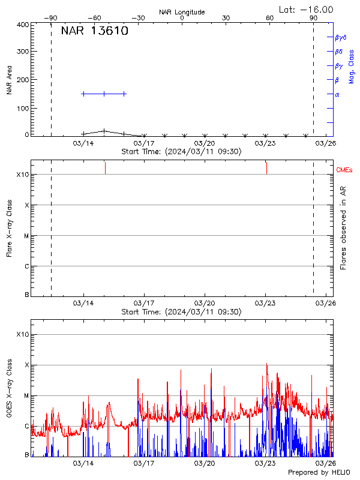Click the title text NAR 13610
(94, 32)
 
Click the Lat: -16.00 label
(307, 10)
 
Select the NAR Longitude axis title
(182, 12)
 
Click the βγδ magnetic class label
(340, 37)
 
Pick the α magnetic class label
(337, 94)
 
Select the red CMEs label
(344, 170)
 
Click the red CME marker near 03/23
(266, 167)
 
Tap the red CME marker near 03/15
(105, 167)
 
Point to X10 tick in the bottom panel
(22, 334)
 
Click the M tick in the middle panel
(26, 236)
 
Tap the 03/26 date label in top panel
(326, 143)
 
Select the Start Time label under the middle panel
(181, 312)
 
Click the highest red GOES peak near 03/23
(266, 364)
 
